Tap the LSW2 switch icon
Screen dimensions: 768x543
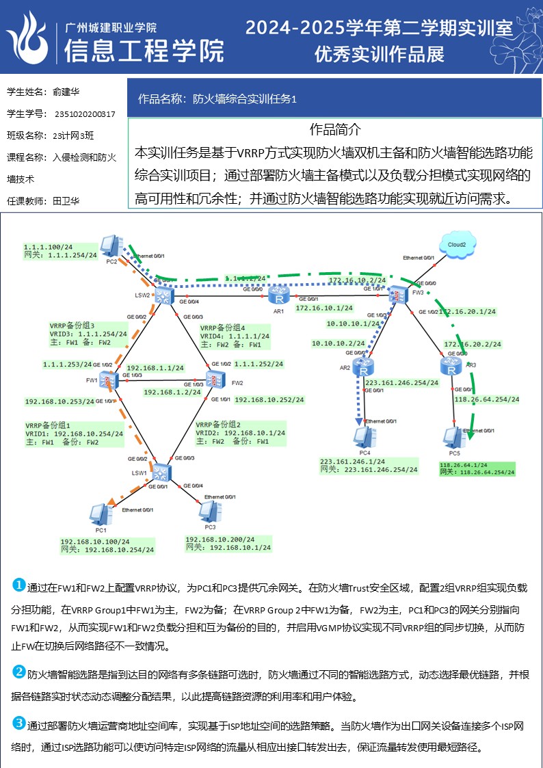point(163,295)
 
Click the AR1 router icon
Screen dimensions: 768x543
point(278,296)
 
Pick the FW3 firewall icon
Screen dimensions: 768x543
point(398,295)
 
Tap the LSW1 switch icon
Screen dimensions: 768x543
point(161,471)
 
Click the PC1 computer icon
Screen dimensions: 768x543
point(100,514)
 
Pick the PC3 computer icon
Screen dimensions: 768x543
point(208,510)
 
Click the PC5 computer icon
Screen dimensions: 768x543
point(452,436)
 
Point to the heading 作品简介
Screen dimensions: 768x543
point(335,129)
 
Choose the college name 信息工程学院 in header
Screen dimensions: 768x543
point(144,50)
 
